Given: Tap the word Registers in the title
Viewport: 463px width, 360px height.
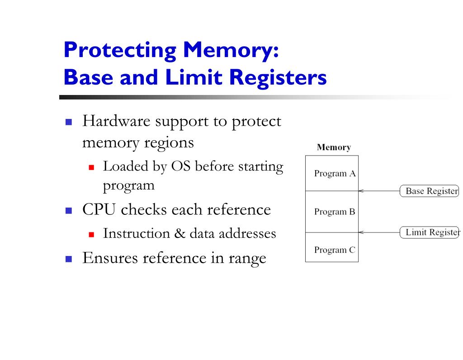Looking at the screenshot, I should (x=278, y=77).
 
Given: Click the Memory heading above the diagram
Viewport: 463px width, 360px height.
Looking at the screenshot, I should (x=334, y=147).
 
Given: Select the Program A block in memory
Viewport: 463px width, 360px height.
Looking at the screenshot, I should (x=332, y=174).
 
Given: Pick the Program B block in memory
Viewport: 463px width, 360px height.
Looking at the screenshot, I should (x=332, y=212).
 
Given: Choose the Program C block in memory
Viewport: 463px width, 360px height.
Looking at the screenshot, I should (x=332, y=250).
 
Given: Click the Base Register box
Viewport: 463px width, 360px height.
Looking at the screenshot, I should (x=430, y=191).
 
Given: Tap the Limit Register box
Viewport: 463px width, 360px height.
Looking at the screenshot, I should (x=430, y=232).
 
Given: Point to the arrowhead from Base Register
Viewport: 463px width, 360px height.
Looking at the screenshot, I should (x=361, y=191).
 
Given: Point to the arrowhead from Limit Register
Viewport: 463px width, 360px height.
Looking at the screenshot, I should (x=361, y=232).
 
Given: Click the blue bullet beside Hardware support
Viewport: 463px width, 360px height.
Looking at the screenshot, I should (x=69, y=122).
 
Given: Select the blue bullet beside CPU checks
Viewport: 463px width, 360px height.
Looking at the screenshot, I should (x=69, y=210).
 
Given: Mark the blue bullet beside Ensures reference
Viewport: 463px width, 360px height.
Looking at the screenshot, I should (x=69, y=259).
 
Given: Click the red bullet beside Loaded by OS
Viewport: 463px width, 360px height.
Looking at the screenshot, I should (x=91, y=167).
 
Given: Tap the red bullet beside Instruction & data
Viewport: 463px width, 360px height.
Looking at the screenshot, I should (x=91, y=234).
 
